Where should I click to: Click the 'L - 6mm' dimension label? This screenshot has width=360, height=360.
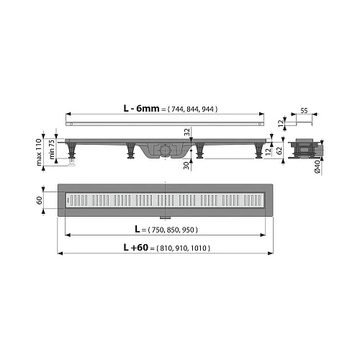click(141, 109)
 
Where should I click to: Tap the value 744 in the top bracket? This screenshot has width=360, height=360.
click(177, 109)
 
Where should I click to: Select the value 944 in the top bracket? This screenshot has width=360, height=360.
click(207, 109)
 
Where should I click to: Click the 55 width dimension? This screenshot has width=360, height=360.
click(304, 111)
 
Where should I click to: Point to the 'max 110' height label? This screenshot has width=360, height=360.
click(39, 152)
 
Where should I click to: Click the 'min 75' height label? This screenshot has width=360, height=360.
click(52, 150)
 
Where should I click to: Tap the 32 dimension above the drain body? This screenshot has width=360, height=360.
click(187, 132)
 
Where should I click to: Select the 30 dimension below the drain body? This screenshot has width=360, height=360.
click(186, 166)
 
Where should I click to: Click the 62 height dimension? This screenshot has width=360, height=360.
click(279, 150)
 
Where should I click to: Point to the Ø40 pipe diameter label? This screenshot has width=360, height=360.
click(317, 166)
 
